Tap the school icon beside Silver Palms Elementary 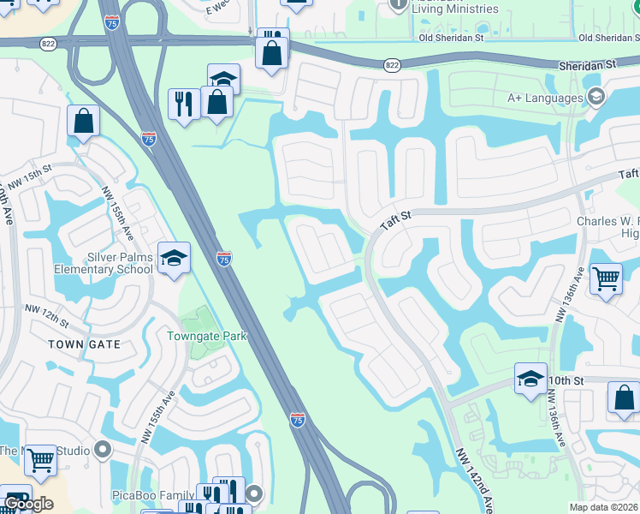coord(173,258)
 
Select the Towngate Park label coord(207,336)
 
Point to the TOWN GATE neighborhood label coord(84,344)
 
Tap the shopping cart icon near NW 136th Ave coord(606,278)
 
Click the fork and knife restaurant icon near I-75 coord(184,104)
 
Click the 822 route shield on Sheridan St coord(392,64)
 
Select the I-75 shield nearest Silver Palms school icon coord(223,258)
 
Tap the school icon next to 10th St coord(530,377)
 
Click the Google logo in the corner coord(28,503)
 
